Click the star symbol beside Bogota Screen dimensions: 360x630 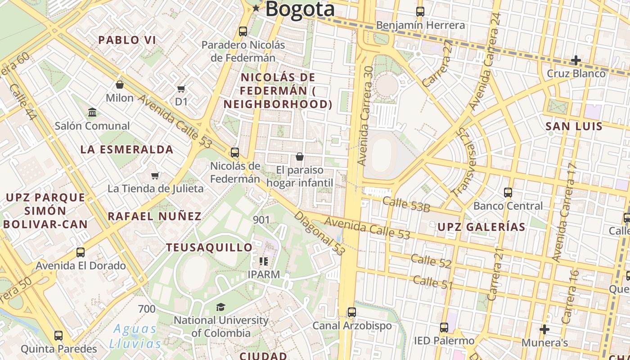pos(256,8)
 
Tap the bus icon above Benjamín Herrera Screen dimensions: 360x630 pos(420,12)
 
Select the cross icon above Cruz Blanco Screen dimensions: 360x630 pos(576,60)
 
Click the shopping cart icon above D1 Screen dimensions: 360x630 pos(181,89)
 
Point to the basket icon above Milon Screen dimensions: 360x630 pos(120,85)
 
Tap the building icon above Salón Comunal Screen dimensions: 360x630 pos(92,112)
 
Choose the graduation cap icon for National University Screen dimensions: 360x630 pos(220,307)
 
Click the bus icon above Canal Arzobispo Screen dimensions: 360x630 pos(352,312)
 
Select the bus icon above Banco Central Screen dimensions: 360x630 pos(508,193)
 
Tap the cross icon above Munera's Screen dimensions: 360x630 pos(544,330)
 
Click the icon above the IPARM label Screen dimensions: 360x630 pos(264,261)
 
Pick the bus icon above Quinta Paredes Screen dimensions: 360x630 pos(58,336)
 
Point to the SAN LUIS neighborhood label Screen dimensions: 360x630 pos(574,126)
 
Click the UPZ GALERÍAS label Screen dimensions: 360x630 pos(481,227)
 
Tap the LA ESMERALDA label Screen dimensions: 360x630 pos(127,150)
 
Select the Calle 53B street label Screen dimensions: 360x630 pos(406,204)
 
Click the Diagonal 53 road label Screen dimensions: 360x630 pos(319,233)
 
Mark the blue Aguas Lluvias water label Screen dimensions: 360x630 pos(135,336)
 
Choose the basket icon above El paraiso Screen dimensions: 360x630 pos(300,157)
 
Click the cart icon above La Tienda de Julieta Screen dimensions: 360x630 pos(155,175)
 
